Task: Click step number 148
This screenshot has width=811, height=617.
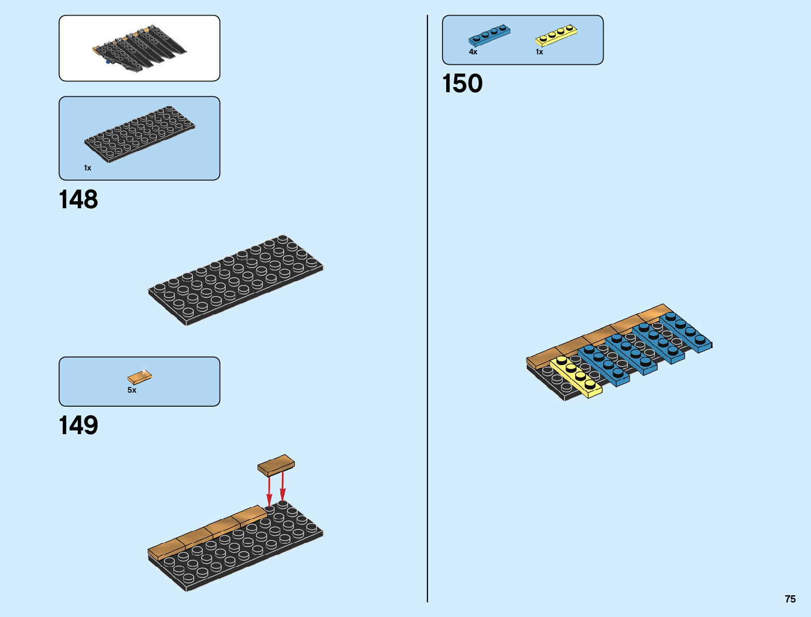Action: tap(78, 199)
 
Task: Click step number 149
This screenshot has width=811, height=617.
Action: tap(78, 425)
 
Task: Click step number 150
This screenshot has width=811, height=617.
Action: tap(462, 83)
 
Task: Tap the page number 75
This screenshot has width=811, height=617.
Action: tap(790, 599)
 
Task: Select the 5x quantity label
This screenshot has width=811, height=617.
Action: tap(132, 390)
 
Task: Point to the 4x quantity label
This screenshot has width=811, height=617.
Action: tap(473, 52)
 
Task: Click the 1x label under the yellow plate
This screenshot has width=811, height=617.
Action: tap(539, 52)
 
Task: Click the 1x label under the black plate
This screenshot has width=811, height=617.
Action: tap(88, 168)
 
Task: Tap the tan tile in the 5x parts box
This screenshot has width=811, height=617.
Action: tap(139, 377)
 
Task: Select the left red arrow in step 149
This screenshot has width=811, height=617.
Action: tap(269, 490)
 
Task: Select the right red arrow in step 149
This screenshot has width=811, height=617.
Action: tap(282, 487)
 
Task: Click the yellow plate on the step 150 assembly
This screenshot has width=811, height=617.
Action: tap(576, 376)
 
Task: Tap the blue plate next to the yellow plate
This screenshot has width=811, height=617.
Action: tap(603, 365)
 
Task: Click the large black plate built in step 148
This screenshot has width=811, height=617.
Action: tap(236, 280)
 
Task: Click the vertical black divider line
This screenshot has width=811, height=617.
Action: tap(428, 311)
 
